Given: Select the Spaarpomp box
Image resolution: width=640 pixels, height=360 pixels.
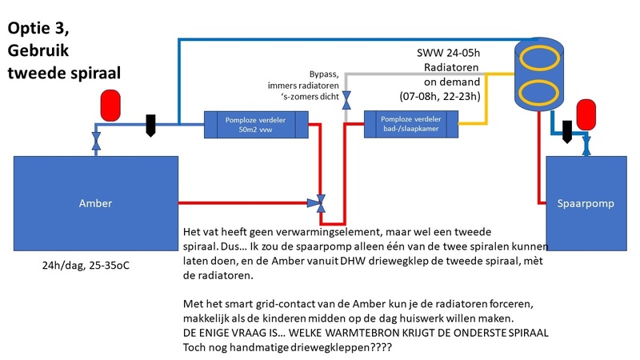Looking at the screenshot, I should [584, 203].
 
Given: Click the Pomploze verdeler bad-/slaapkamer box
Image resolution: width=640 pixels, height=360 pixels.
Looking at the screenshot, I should [411, 124].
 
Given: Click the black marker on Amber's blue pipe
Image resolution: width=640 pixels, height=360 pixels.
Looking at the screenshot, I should [150, 126].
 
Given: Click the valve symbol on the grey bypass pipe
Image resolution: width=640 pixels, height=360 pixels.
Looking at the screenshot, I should [346, 101].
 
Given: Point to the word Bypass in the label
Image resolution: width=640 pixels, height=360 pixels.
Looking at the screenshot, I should [325, 73].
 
